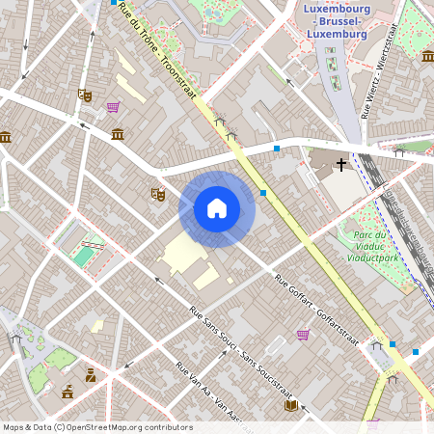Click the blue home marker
point(217,208)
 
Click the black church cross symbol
point(341,165)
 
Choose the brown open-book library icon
point(290,405)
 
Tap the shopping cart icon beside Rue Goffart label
point(303,335)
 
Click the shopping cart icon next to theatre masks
point(114,107)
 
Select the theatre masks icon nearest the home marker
point(157,194)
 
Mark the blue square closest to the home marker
point(263,193)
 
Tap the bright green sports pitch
point(85,256)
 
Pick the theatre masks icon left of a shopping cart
point(85,95)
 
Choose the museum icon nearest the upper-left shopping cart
point(118,133)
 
